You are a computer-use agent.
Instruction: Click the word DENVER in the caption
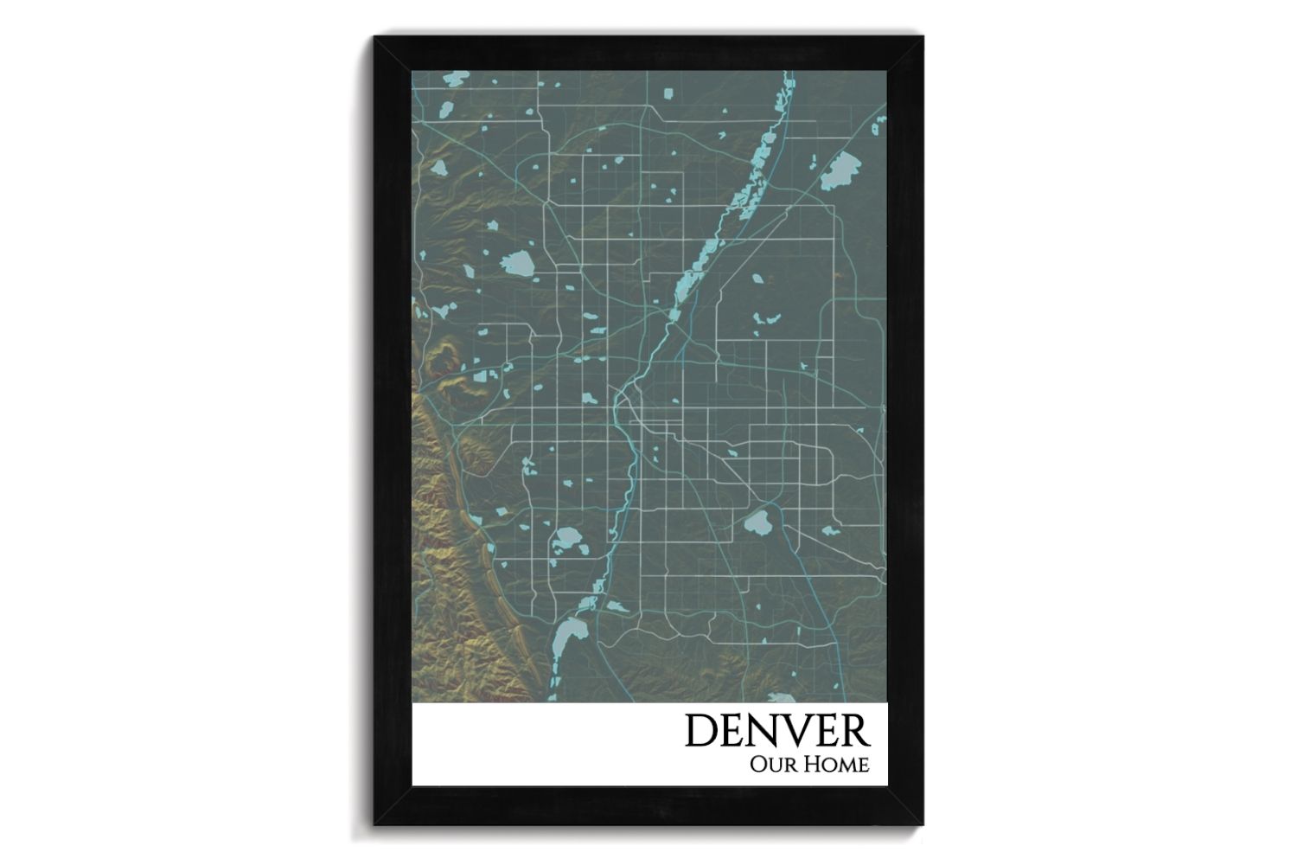776,731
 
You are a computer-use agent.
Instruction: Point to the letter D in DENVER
700,731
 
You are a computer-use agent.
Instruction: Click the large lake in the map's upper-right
837,172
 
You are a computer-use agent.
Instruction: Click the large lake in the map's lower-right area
758,522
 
